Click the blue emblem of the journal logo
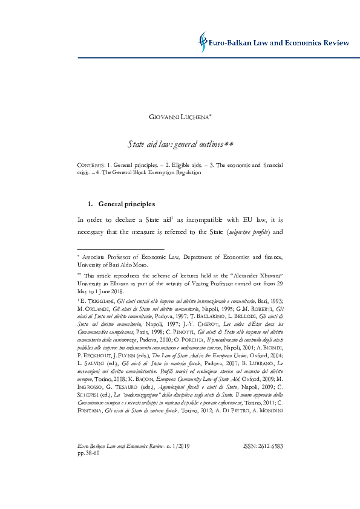204,42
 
